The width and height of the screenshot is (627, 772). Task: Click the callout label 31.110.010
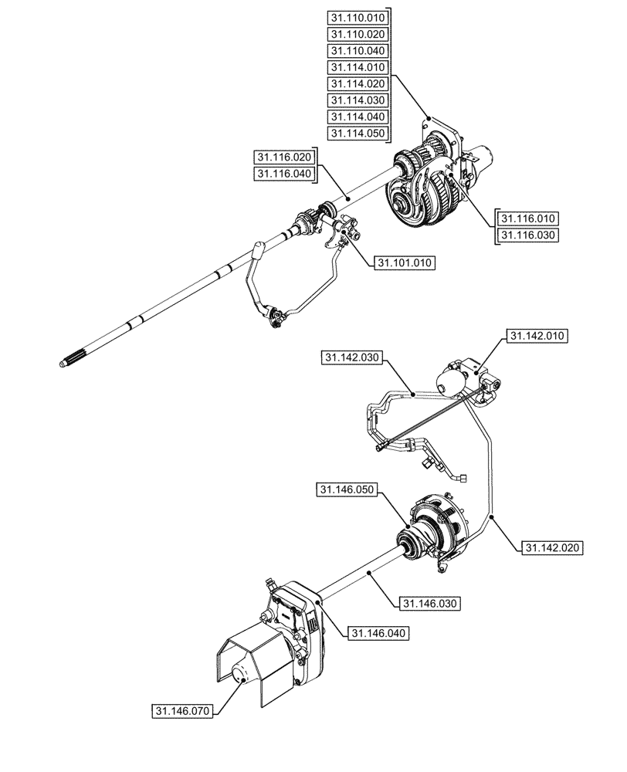coord(357,19)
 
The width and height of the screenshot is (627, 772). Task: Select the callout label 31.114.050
coord(357,134)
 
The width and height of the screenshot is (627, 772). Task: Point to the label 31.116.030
coord(528,235)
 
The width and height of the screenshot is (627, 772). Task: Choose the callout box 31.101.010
coord(405,263)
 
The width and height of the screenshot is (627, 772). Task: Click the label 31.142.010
coord(537,337)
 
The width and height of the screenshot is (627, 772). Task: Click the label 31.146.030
coord(430,602)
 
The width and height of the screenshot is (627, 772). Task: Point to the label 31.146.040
coord(378,633)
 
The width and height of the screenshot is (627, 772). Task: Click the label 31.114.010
coord(357,68)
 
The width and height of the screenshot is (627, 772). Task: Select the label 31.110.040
coord(357,51)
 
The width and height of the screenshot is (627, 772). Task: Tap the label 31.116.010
coord(528,218)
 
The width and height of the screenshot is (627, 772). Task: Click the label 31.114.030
coord(357,100)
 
